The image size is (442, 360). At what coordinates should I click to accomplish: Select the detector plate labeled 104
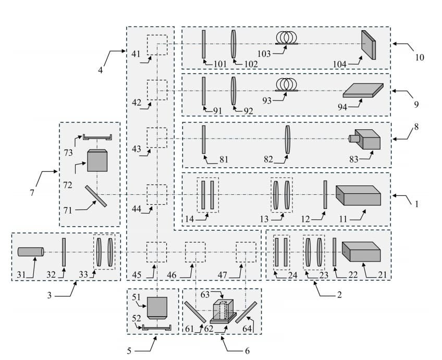[369, 45]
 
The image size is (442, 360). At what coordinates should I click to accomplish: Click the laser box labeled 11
[358, 195]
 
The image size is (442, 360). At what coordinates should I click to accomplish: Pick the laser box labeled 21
[361, 252]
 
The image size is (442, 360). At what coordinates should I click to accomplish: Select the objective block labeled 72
[97, 160]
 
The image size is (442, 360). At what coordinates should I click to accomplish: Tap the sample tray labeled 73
[97, 138]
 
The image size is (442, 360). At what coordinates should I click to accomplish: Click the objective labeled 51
[157, 307]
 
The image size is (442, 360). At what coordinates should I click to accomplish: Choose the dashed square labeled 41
[157, 44]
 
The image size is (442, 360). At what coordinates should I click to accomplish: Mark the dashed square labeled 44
[156, 194]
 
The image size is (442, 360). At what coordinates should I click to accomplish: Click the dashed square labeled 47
[246, 252]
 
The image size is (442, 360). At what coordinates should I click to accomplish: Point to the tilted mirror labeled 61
[195, 312]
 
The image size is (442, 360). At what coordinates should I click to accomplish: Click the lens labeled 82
[287, 139]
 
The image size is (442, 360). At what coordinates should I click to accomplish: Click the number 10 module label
[419, 57]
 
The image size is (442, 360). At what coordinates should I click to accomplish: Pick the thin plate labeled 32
[64, 252]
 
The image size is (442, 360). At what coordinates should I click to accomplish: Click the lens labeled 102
[234, 44]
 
